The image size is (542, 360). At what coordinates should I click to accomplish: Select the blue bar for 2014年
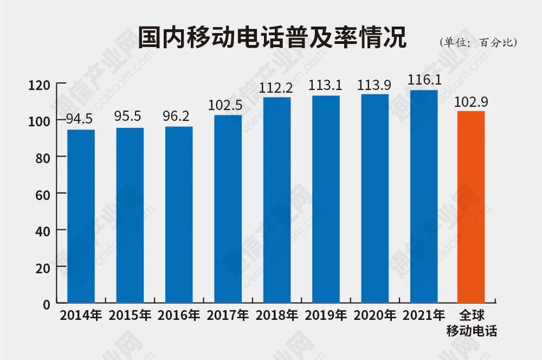pyautogui.click(x=81, y=215)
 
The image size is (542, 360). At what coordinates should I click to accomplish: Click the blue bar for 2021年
pyautogui.click(x=424, y=196)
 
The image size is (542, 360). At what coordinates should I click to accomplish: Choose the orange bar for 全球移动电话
pyautogui.click(x=471, y=207)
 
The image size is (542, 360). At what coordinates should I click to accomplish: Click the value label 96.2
pyautogui.click(x=178, y=116)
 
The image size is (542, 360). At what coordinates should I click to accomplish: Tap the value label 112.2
pyautogui.click(x=276, y=87)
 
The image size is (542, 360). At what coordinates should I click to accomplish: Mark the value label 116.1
pyautogui.click(x=424, y=80)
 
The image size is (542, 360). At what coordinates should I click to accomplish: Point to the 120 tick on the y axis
pyautogui.click(x=40, y=85)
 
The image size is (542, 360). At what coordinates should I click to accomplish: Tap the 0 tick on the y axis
pyautogui.click(x=47, y=304)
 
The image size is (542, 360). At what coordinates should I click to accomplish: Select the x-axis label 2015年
pyautogui.click(x=130, y=316)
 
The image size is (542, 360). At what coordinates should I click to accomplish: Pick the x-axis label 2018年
pyautogui.click(x=276, y=316)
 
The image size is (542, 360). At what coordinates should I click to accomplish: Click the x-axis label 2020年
pyautogui.click(x=375, y=316)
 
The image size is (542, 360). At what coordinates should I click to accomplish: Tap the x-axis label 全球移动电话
pyautogui.click(x=471, y=323)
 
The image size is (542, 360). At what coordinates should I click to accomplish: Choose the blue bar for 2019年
pyautogui.click(x=326, y=198)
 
